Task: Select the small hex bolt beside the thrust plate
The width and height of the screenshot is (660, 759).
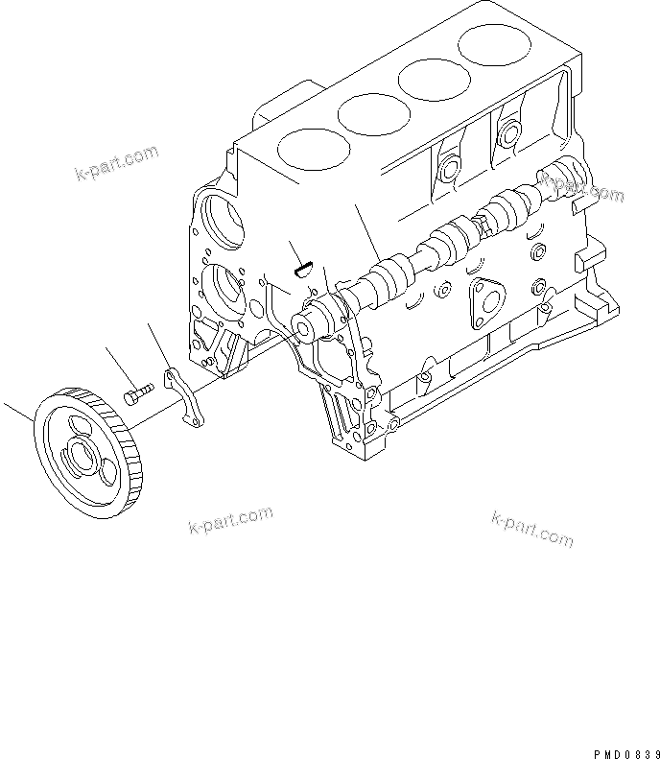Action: coord(137,393)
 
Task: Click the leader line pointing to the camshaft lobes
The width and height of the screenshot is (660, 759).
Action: coord(369,230)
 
